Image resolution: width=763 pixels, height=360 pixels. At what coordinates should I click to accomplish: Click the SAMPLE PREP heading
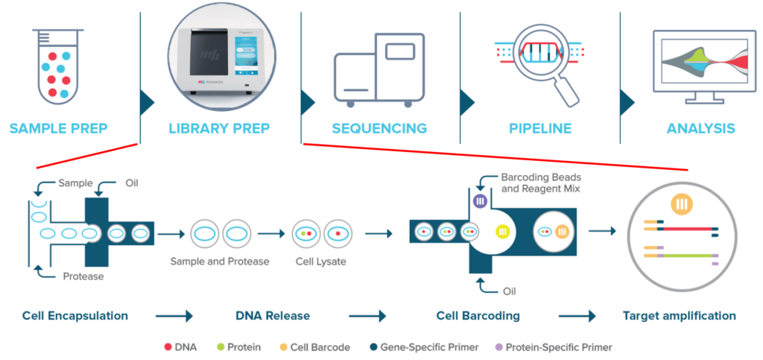58,128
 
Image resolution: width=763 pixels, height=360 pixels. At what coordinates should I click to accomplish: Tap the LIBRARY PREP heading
219,128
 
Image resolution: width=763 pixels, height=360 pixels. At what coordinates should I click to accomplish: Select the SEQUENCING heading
379,128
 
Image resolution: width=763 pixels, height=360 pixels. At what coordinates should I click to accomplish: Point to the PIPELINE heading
540,128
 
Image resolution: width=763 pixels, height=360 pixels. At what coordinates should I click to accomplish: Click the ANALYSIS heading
701,128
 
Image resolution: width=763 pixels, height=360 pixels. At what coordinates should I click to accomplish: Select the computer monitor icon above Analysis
700,66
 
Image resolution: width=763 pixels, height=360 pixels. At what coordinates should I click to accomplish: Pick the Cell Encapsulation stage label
75,316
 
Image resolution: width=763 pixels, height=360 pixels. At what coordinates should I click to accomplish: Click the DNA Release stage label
273,316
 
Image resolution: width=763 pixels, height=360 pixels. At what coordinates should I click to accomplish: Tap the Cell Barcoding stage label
478,316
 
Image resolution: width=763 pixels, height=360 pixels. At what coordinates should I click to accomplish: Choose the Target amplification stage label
679,316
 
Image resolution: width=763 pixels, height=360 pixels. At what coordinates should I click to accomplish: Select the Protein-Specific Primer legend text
558,347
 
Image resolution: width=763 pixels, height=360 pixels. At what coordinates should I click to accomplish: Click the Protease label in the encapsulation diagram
82,277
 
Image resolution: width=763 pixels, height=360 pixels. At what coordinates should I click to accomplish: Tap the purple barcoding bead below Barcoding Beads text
480,201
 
